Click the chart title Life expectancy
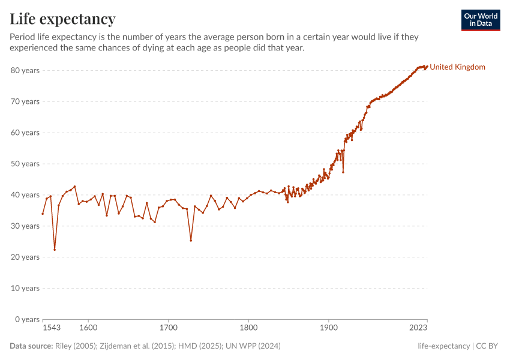point(62,19)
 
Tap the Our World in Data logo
point(480,20)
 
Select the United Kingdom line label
point(457,67)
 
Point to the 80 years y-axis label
point(25,70)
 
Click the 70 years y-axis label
point(25,101)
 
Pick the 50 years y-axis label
point(25,164)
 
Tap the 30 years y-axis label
point(25,226)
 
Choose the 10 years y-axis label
point(25,288)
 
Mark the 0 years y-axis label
point(27,319)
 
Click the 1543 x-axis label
point(52,328)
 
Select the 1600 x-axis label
point(88,328)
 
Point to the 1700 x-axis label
point(169,328)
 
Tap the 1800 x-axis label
point(248,328)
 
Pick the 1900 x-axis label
point(328,328)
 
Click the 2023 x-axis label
point(418,328)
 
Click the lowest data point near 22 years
point(55,250)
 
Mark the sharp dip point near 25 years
point(191,241)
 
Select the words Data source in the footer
point(31,346)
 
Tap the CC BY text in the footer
point(488,346)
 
